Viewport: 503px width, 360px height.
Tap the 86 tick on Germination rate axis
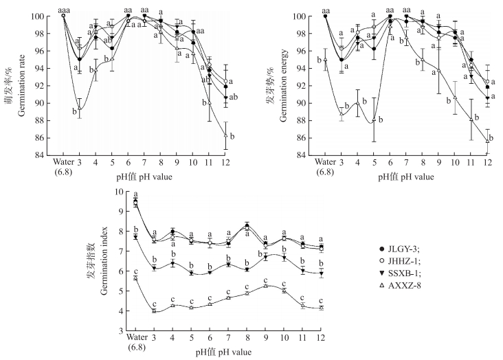click(52, 138)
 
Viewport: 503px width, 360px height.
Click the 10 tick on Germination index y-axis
click(122, 192)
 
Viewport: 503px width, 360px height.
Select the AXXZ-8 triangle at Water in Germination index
click(135, 277)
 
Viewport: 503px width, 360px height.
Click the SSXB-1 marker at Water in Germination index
click(135, 237)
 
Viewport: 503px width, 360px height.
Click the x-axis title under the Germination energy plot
click(405, 177)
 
